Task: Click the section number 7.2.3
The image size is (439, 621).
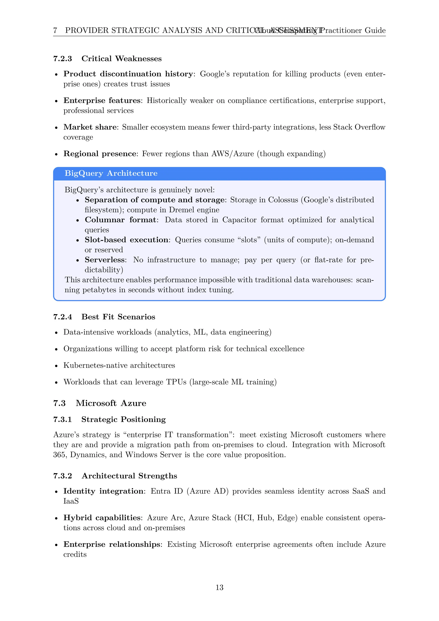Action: [x=62, y=59]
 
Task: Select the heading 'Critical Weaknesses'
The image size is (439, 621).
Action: [x=121, y=59]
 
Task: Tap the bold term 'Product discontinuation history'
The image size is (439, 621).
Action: [x=128, y=74]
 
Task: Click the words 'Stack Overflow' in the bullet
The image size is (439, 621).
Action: [x=359, y=127]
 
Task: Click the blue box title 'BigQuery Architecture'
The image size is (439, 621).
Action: [x=111, y=173]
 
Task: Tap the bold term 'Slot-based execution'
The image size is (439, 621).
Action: [x=126, y=240]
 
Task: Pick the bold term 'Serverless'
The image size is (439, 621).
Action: [x=105, y=260]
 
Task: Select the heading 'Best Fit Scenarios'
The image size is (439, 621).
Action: [x=118, y=317]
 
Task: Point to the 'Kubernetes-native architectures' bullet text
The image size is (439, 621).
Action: [x=119, y=365]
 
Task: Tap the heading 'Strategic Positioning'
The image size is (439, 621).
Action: [x=123, y=419]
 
